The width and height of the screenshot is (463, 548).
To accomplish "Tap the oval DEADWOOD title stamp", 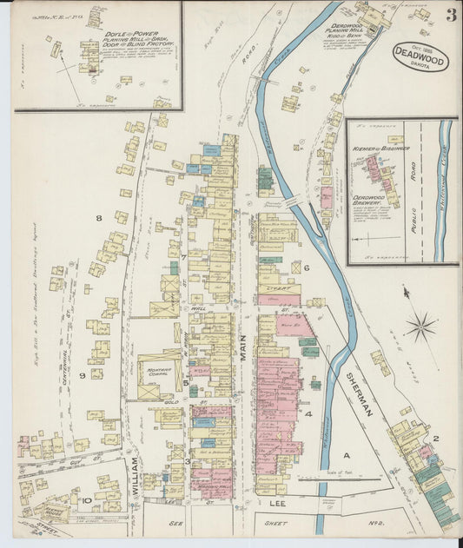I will [420, 56].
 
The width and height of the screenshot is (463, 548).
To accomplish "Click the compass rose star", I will [421, 327].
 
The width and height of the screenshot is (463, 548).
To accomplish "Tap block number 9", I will [83, 374].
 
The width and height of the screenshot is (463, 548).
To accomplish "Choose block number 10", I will [87, 500].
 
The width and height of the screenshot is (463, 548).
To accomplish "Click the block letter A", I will [345, 455].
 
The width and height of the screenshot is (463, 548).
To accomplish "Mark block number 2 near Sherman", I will [437, 439].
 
